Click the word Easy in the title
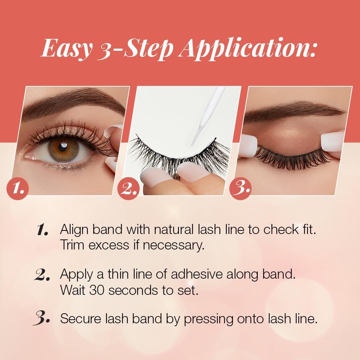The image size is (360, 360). coord(67,49)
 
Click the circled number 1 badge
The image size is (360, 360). coord(18,189)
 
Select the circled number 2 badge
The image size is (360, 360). coord(129,189)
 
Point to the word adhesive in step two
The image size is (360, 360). coord(197,274)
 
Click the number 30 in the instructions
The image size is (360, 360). coord(97,290)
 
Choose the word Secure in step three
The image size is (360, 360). coord(80,319)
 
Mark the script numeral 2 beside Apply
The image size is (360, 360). coord(42,275)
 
